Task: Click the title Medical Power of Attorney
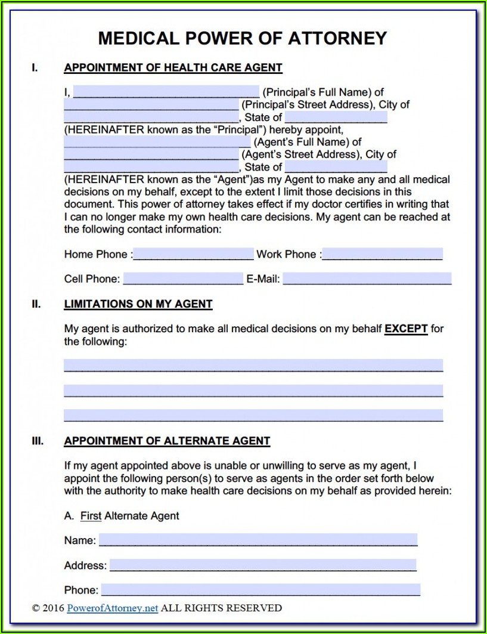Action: [x=243, y=38]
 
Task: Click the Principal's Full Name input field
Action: [x=166, y=92]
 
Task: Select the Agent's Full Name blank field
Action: [x=157, y=142]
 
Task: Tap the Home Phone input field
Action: [x=193, y=254]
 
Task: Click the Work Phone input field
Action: [x=382, y=254]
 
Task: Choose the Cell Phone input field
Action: [x=183, y=279]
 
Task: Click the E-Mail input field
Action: [x=367, y=279]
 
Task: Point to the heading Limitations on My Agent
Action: [x=138, y=304]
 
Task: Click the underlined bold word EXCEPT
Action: [x=406, y=329]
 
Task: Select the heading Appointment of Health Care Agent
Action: [x=173, y=68]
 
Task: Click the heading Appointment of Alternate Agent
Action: [x=167, y=441]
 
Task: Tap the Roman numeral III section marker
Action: [x=37, y=441]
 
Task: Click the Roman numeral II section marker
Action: [x=36, y=304]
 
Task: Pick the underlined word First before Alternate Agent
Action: [x=91, y=516]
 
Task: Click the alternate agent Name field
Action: [x=258, y=540]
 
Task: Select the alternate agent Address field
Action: [x=262, y=565]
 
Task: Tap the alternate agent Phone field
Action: [x=259, y=590]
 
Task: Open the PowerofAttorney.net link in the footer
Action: [x=113, y=608]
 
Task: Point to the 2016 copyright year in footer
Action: [x=53, y=608]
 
